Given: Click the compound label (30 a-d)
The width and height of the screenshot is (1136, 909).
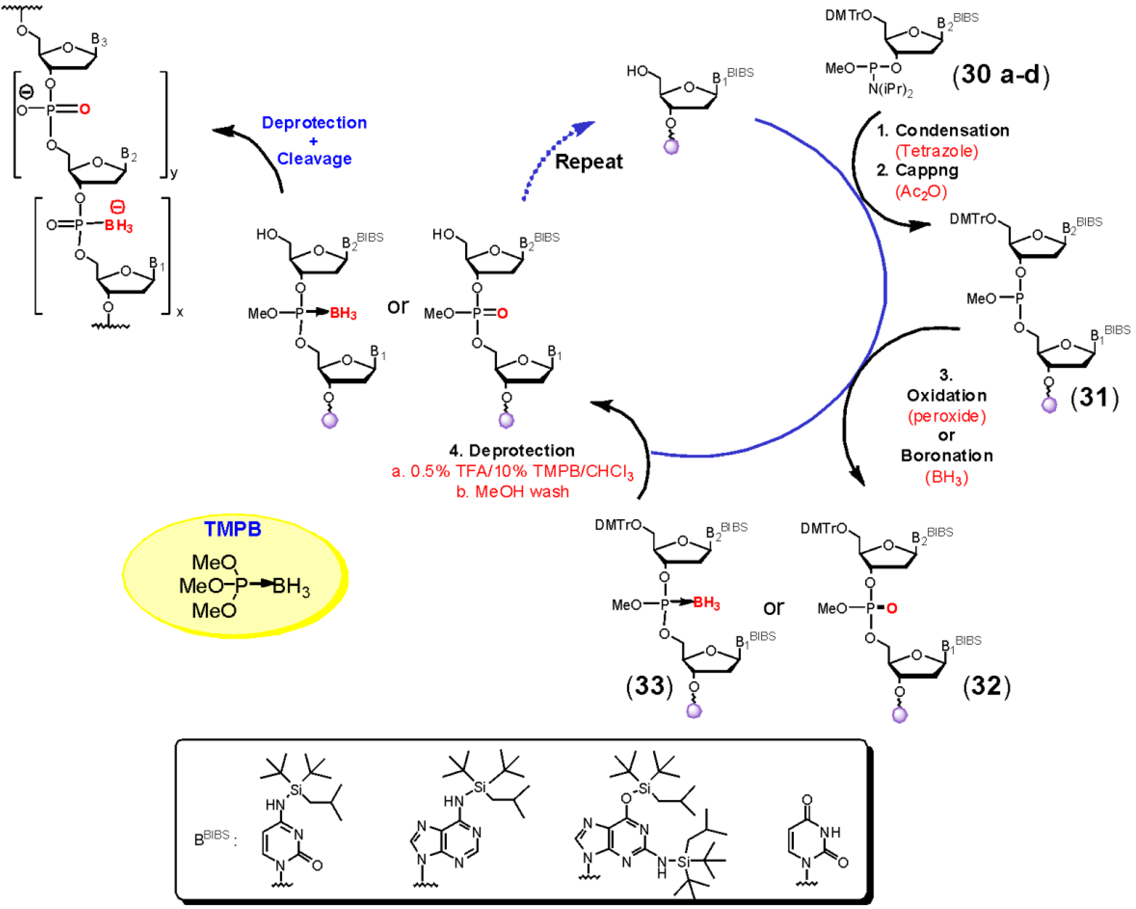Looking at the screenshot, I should pyautogui.click(x=1000, y=75).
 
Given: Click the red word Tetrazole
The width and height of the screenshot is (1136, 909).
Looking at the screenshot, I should pyautogui.click(x=936, y=151).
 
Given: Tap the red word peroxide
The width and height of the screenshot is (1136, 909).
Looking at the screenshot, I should pyautogui.click(x=946, y=416).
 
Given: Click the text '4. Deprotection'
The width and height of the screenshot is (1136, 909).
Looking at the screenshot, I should pyautogui.click(x=511, y=451).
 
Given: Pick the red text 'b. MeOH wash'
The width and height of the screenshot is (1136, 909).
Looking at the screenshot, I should pyautogui.click(x=512, y=492).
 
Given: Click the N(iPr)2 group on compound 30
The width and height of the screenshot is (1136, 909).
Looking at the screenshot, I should pyautogui.click(x=890, y=89).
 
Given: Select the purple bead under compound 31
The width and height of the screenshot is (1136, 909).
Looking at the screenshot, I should pyautogui.click(x=1049, y=405).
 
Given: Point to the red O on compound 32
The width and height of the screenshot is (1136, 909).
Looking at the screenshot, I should pyautogui.click(x=891, y=609).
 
